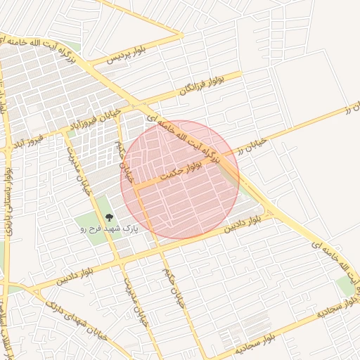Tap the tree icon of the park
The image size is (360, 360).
click(x=108, y=218)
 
